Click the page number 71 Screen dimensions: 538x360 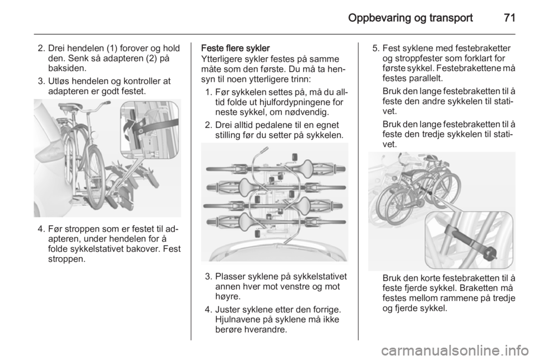click(x=509, y=18)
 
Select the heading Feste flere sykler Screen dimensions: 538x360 click(x=235, y=48)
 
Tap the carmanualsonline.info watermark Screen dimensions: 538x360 click(x=457, y=350)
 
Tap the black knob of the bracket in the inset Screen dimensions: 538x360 click(x=491, y=254)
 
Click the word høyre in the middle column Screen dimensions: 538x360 click(x=226, y=296)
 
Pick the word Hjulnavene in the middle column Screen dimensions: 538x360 click(x=235, y=320)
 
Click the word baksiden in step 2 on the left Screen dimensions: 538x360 click(x=66, y=68)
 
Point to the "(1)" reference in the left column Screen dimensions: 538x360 click(x=112, y=48)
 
